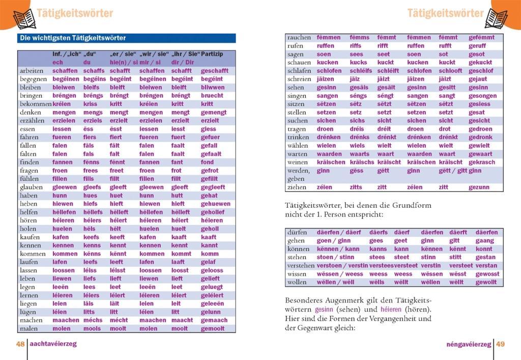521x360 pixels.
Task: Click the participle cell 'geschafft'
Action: coord(215,71)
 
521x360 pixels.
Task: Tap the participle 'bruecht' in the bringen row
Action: coord(212,96)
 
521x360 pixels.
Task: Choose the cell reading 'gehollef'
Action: coord(214,212)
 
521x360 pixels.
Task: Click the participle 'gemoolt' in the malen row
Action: coord(213,329)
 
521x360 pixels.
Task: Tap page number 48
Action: coord(20,344)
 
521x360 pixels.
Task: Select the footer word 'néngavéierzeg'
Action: coord(469,344)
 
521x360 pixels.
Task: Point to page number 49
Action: coord(501,344)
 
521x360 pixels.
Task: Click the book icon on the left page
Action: coord(23,18)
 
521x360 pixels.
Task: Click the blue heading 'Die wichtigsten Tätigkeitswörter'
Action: coord(72,38)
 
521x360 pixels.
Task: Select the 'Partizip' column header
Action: coord(212,54)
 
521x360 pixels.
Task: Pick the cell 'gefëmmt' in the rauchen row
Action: coord(481,38)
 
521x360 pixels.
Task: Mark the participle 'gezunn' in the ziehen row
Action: coord(479,187)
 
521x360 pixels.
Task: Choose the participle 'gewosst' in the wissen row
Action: coord(487,274)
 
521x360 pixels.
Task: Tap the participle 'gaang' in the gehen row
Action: coord(485,241)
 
